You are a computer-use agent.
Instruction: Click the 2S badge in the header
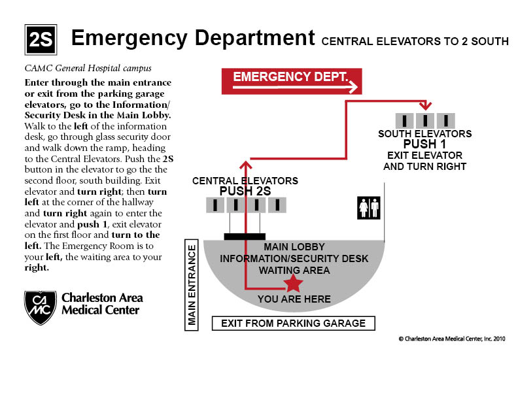(41, 40)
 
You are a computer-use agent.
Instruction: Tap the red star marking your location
(293, 284)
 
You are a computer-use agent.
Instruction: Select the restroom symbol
(369, 208)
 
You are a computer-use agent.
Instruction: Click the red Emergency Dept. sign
(292, 82)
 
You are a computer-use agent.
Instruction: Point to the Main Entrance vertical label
(192, 285)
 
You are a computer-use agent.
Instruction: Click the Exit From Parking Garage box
(294, 324)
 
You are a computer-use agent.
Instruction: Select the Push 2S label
(245, 191)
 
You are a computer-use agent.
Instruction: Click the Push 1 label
(424, 144)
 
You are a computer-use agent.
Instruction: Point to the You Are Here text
(294, 299)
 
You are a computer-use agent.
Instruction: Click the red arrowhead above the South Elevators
(425, 106)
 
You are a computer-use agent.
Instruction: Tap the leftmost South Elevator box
(404, 121)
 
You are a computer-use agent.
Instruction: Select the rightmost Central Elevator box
(277, 205)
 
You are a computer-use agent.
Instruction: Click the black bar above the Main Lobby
(245, 237)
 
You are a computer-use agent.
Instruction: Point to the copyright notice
(452, 339)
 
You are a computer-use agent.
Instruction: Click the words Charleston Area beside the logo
(102, 297)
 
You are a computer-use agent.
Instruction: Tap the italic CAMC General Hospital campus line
(88, 69)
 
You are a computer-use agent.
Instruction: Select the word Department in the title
(254, 39)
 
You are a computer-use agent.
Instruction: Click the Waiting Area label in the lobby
(294, 271)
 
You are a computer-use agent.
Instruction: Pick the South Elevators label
(425, 134)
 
